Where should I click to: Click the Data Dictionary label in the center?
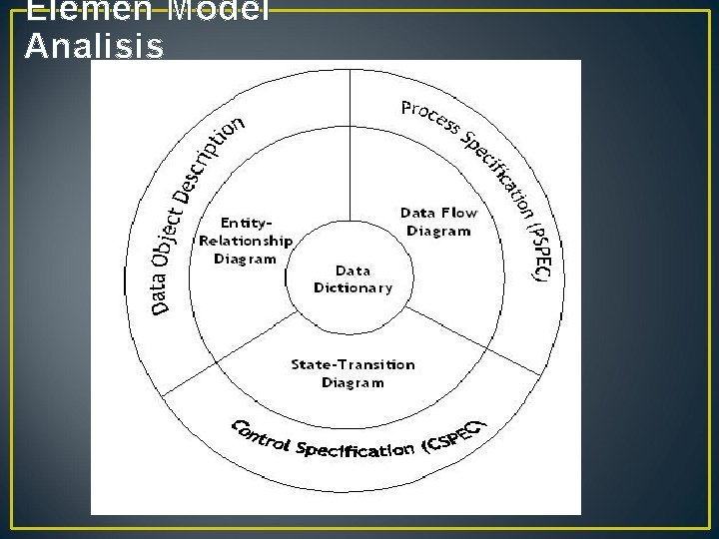(x=353, y=278)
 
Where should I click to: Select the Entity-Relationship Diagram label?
(x=246, y=241)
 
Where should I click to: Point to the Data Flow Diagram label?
(x=438, y=222)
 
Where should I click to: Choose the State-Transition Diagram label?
(x=353, y=373)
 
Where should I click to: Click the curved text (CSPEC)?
(x=454, y=435)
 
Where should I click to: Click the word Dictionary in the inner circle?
(x=353, y=287)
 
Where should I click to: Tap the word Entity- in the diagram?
(x=246, y=223)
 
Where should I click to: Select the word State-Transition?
(x=353, y=364)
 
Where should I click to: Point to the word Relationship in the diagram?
(x=246, y=241)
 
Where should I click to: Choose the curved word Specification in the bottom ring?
(x=351, y=448)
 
